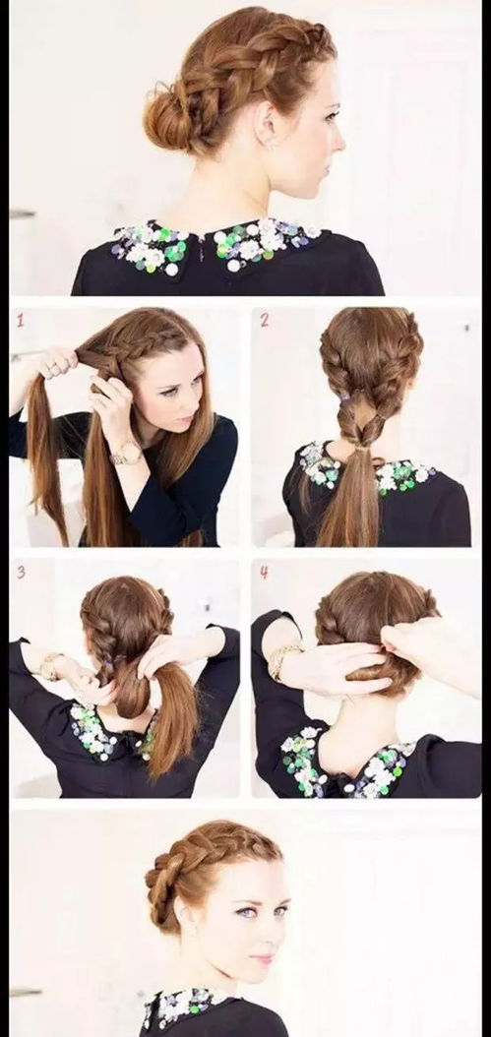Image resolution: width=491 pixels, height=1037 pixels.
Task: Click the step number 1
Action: (21, 322)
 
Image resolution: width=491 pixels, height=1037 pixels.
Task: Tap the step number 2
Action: (265, 320)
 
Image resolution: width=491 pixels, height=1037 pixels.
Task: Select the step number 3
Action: (22, 572)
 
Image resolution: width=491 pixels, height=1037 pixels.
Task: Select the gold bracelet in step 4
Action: (281, 660)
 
